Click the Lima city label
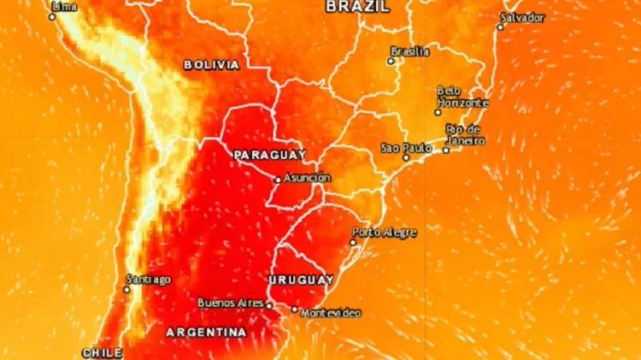[64, 7]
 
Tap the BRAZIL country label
[358, 6]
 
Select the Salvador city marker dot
[501, 27]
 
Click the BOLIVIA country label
[211, 64]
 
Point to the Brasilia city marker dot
[392, 61]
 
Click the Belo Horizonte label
[462, 97]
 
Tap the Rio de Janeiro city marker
[445, 150]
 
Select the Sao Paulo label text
[406, 148]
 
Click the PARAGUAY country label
[269, 155]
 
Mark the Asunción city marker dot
[278, 180]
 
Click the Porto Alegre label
[385, 232]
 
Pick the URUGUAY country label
[301, 280]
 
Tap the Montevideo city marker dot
[295, 310]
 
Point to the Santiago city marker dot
[126, 289]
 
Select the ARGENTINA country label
[206, 332]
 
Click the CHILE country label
[103, 352]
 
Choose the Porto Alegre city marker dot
[354, 242]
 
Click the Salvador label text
[523, 17]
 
